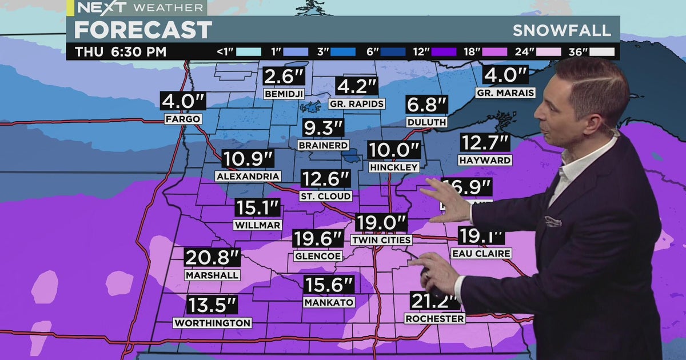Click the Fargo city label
pos(182,119)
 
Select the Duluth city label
pos(426,122)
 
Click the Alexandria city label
pos(248,177)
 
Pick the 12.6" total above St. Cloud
pos(326,179)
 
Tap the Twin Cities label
pos(381,240)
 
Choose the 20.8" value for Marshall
pos(212,258)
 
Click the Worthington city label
pos(212,323)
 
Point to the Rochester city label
pos(434,318)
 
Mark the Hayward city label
pos(485,161)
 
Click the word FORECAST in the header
pos(143,30)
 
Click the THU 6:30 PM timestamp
pos(121,51)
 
